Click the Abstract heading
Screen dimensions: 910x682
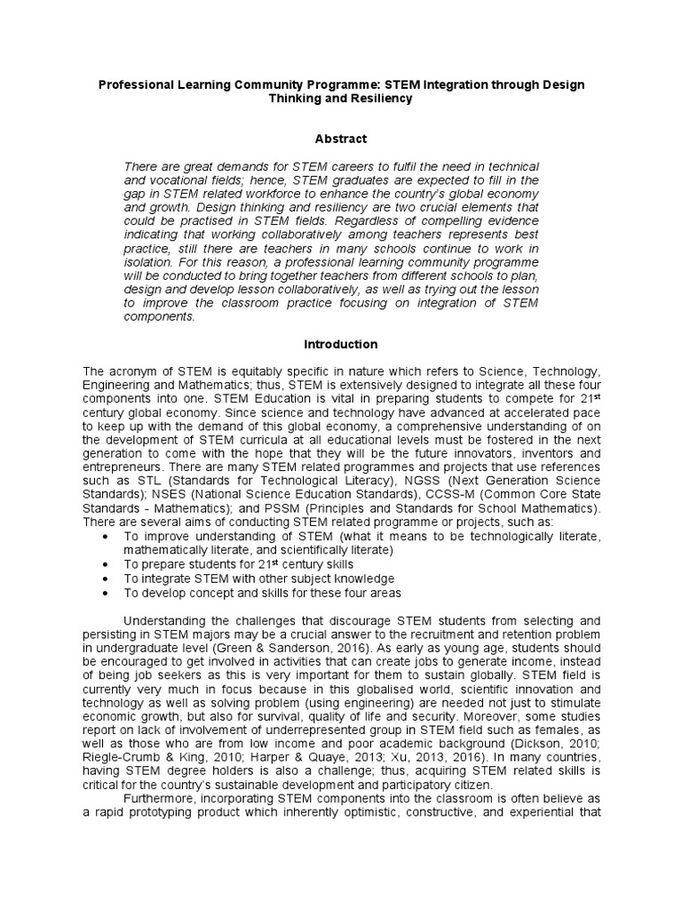[340, 139]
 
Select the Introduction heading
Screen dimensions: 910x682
[340, 344]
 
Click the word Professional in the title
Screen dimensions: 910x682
[133, 84]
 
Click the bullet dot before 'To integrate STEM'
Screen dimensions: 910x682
[107, 579]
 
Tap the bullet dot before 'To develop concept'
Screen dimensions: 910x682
[107, 593]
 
